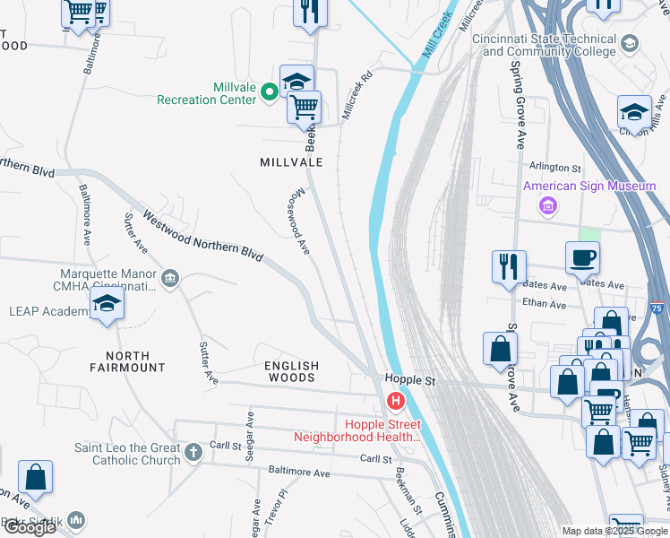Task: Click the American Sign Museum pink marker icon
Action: tap(547, 206)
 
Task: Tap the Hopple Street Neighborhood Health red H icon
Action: tap(393, 401)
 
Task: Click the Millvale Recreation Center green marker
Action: tap(268, 91)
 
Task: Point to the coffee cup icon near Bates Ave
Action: tap(582, 257)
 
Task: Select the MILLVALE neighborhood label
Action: tap(291, 162)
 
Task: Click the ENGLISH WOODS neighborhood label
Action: tap(291, 371)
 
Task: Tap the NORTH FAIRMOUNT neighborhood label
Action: tap(128, 361)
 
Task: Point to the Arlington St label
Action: tap(555, 168)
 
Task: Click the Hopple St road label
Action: tap(409, 381)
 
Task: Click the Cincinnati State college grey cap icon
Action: tap(630, 43)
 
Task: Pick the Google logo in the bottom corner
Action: tap(30, 527)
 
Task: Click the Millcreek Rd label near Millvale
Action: tap(356, 97)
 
